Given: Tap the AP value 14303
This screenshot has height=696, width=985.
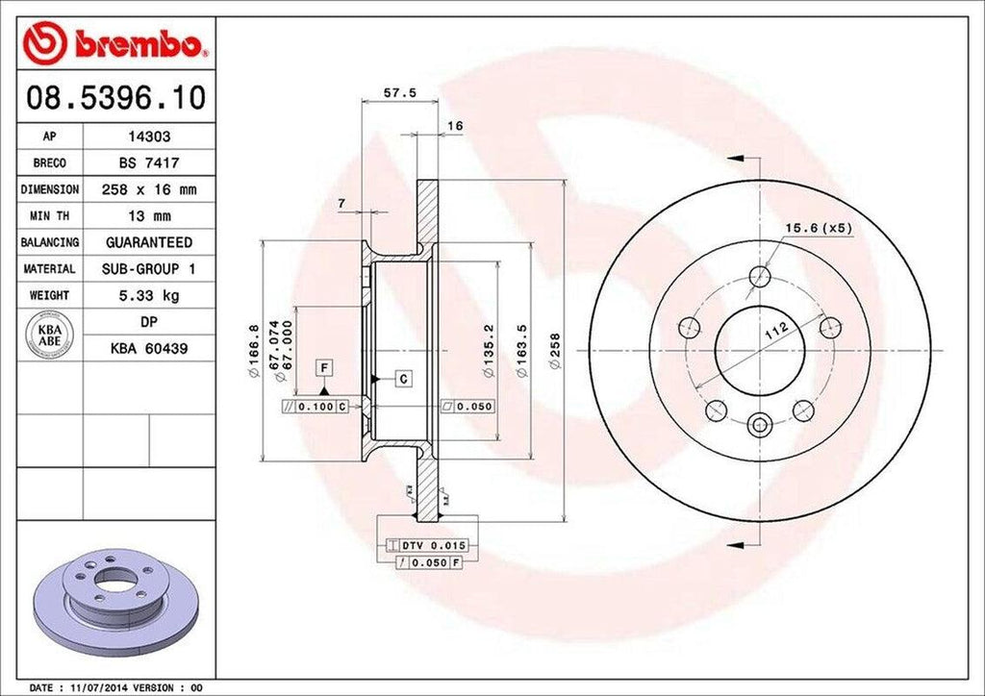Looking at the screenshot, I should point(149,137).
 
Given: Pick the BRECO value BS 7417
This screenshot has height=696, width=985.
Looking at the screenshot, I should point(149,163).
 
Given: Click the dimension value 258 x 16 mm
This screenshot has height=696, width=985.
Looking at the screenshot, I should point(149,190).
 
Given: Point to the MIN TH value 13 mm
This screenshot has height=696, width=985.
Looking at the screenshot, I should point(149,216).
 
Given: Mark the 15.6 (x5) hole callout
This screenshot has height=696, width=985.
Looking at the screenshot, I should point(819,228).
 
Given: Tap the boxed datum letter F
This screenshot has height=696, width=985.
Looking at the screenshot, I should point(325,367).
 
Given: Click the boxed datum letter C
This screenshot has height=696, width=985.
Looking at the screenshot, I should point(404,379).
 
